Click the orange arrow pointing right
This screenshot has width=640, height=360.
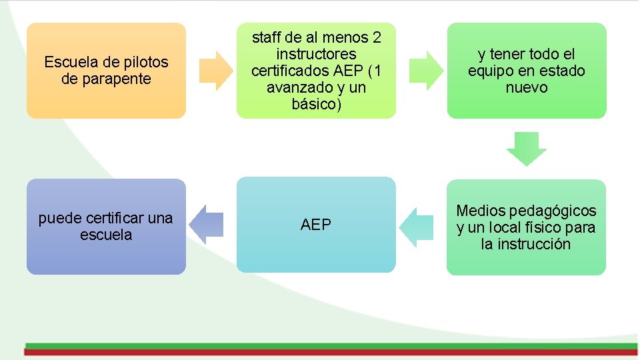point(215,70)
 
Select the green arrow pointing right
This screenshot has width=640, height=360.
point(425,70)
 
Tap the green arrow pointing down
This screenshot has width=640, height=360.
point(527,148)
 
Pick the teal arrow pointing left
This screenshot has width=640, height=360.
point(417,227)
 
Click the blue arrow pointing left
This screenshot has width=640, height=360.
point(207,223)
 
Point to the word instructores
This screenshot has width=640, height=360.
point(316,54)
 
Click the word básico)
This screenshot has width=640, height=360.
point(316,104)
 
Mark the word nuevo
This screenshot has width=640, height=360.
point(527,87)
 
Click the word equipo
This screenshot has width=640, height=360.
point(492,71)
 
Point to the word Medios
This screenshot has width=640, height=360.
point(480,211)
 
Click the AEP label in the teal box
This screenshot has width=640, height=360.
point(316,225)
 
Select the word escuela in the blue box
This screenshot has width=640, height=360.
point(106,235)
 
